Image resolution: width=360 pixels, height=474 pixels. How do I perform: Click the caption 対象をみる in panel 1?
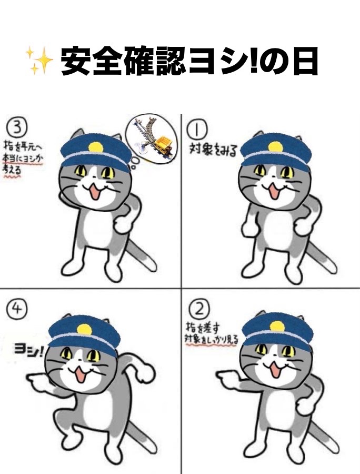(x=214, y=147)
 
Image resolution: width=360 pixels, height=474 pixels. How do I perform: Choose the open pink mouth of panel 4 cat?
(x=80, y=374)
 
